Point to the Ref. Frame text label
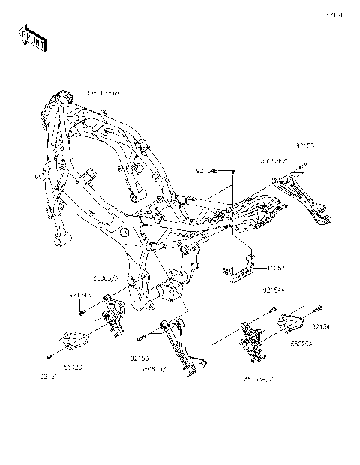(103, 93)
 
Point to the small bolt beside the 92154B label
(234, 172)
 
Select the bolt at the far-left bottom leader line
(49, 354)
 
